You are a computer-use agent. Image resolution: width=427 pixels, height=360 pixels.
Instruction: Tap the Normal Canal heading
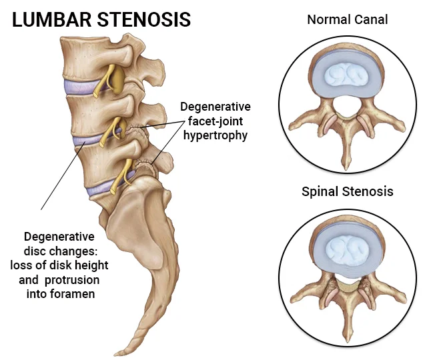point(347,19)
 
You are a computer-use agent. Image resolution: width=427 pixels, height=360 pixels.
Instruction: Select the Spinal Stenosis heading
point(347,192)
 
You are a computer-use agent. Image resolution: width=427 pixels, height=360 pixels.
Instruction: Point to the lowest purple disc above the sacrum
point(100,188)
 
